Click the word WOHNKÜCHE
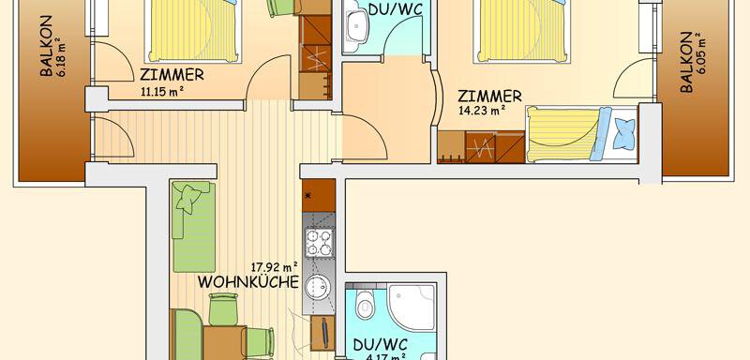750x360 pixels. pos(247,282)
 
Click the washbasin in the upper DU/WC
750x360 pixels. pos(356,26)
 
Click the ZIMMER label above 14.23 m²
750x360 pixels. pos(489,95)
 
